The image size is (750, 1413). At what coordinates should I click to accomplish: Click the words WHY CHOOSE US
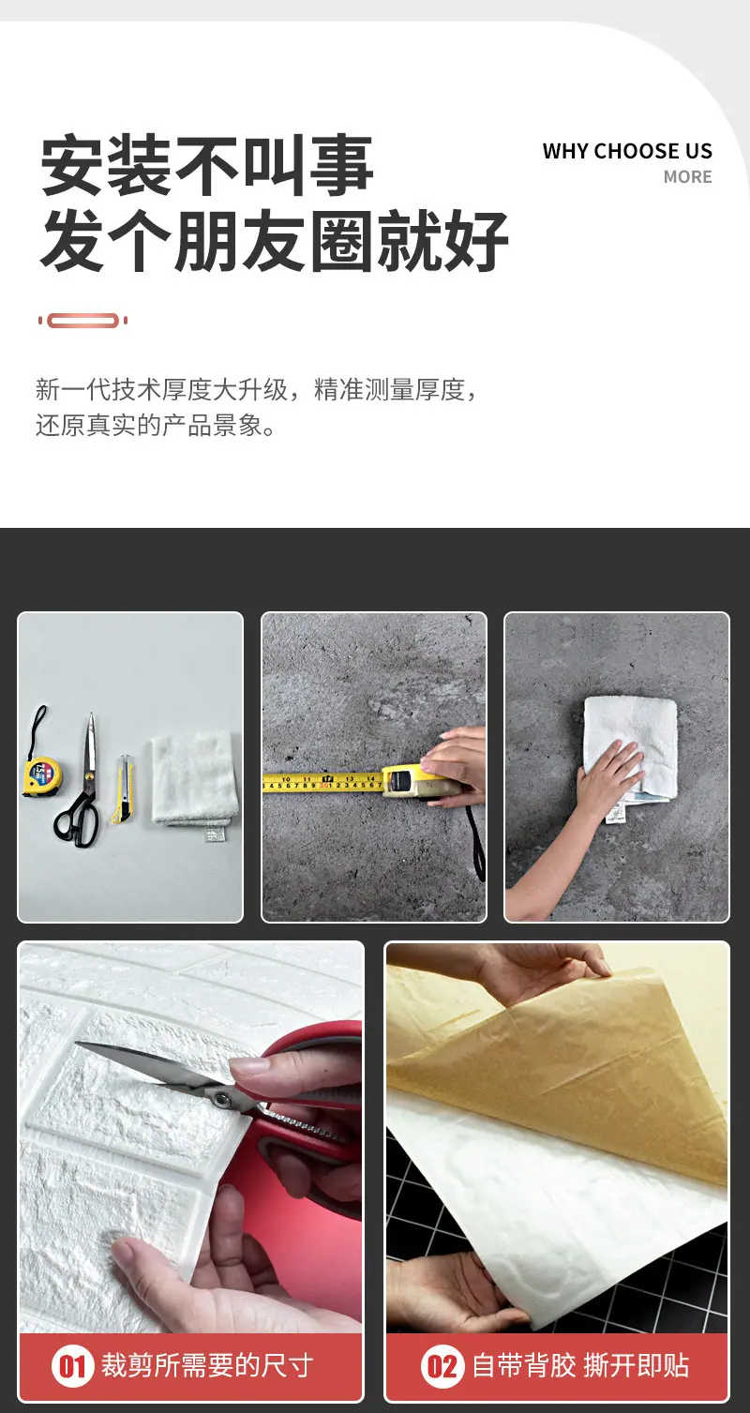[627, 151]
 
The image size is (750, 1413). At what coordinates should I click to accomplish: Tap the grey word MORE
[687, 177]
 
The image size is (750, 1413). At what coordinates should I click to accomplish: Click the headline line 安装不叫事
[207, 165]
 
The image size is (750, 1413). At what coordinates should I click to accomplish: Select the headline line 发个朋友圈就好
[275, 242]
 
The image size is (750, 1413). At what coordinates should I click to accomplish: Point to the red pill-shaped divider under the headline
[82, 321]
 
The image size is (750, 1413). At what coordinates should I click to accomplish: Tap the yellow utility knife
[124, 789]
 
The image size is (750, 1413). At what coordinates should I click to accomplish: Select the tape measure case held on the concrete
[413, 783]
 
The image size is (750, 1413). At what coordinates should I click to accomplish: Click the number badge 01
[72, 1367]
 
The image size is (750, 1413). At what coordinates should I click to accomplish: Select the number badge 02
[442, 1367]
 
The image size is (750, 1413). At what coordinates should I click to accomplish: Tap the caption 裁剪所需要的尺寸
[207, 1366]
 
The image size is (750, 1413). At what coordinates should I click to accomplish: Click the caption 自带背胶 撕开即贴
[580, 1366]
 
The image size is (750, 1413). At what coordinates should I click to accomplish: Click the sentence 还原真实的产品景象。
[156, 426]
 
